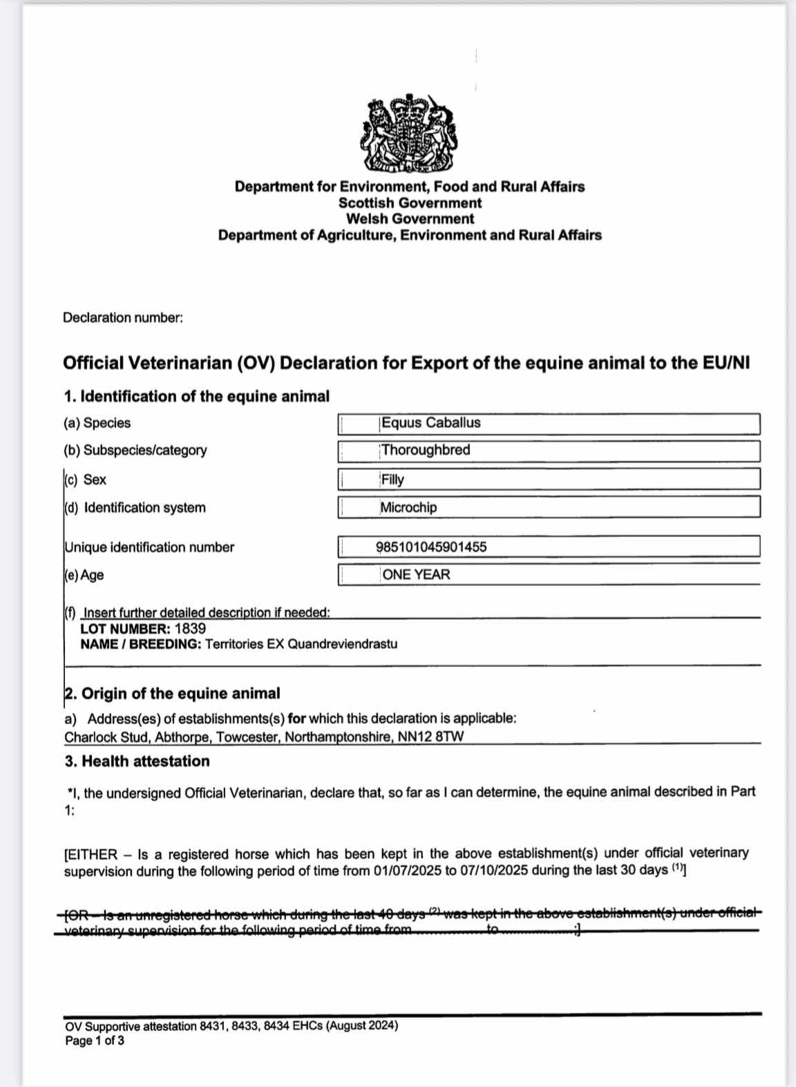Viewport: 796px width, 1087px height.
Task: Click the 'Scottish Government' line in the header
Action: (410, 203)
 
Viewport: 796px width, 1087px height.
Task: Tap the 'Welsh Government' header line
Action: (410, 219)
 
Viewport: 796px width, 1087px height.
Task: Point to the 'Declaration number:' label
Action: (123, 318)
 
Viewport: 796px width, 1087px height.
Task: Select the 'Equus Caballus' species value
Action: (430, 423)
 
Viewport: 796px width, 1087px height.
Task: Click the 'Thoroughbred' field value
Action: (426, 450)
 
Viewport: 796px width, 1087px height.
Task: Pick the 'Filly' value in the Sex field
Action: (392, 480)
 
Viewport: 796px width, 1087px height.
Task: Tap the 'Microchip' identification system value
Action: (408, 507)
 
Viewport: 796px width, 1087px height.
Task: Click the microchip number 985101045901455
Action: (431, 547)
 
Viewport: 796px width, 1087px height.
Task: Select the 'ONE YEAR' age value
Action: (416, 575)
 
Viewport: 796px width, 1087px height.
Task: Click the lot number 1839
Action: (190, 629)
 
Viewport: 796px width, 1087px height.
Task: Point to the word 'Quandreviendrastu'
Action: (342, 644)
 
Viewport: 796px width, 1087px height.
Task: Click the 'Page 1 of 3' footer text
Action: (95, 1041)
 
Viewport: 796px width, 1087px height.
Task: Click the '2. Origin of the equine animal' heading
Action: (172, 694)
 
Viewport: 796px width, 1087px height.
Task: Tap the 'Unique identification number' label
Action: (149, 547)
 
